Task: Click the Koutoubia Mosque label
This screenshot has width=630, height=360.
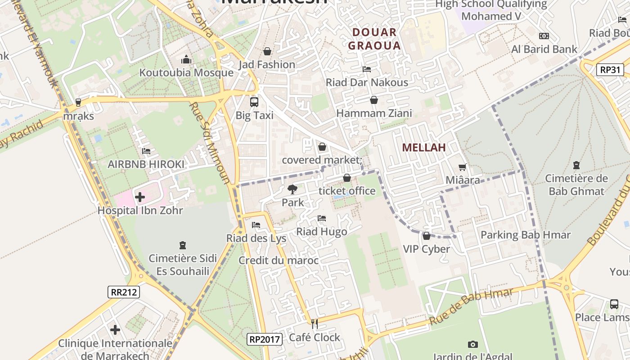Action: click(186, 72)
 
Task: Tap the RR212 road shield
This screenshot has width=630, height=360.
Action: click(124, 292)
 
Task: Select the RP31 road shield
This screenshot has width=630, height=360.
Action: click(610, 70)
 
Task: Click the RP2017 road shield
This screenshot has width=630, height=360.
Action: click(265, 339)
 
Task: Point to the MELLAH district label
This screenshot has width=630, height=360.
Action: click(424, 147)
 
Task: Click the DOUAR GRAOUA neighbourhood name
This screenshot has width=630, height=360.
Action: click(374, 39)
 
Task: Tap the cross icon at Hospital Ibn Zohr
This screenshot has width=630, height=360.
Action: click(140, 197)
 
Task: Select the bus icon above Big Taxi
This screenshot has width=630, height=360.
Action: click(254, 102)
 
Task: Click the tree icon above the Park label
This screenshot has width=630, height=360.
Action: click(292, 189)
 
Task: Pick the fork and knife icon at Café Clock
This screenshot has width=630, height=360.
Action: click(315, 324)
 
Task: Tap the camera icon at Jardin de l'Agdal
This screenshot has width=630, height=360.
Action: click(472, 344)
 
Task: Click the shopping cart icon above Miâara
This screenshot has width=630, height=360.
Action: click(462, 167)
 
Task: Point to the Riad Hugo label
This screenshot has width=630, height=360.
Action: click(321, 232)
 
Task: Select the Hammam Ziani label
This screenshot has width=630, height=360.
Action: click(374, 113)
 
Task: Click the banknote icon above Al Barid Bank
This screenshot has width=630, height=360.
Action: click(544, 36)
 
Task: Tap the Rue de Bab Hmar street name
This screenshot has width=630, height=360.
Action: click(471, 307)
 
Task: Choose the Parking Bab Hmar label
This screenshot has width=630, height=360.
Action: click(526, 235)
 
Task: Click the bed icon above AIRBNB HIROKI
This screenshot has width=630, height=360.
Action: click(146, 151)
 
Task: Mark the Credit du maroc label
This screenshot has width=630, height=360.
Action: click(279, 261)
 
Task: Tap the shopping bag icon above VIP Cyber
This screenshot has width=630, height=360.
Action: click(426, 236)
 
